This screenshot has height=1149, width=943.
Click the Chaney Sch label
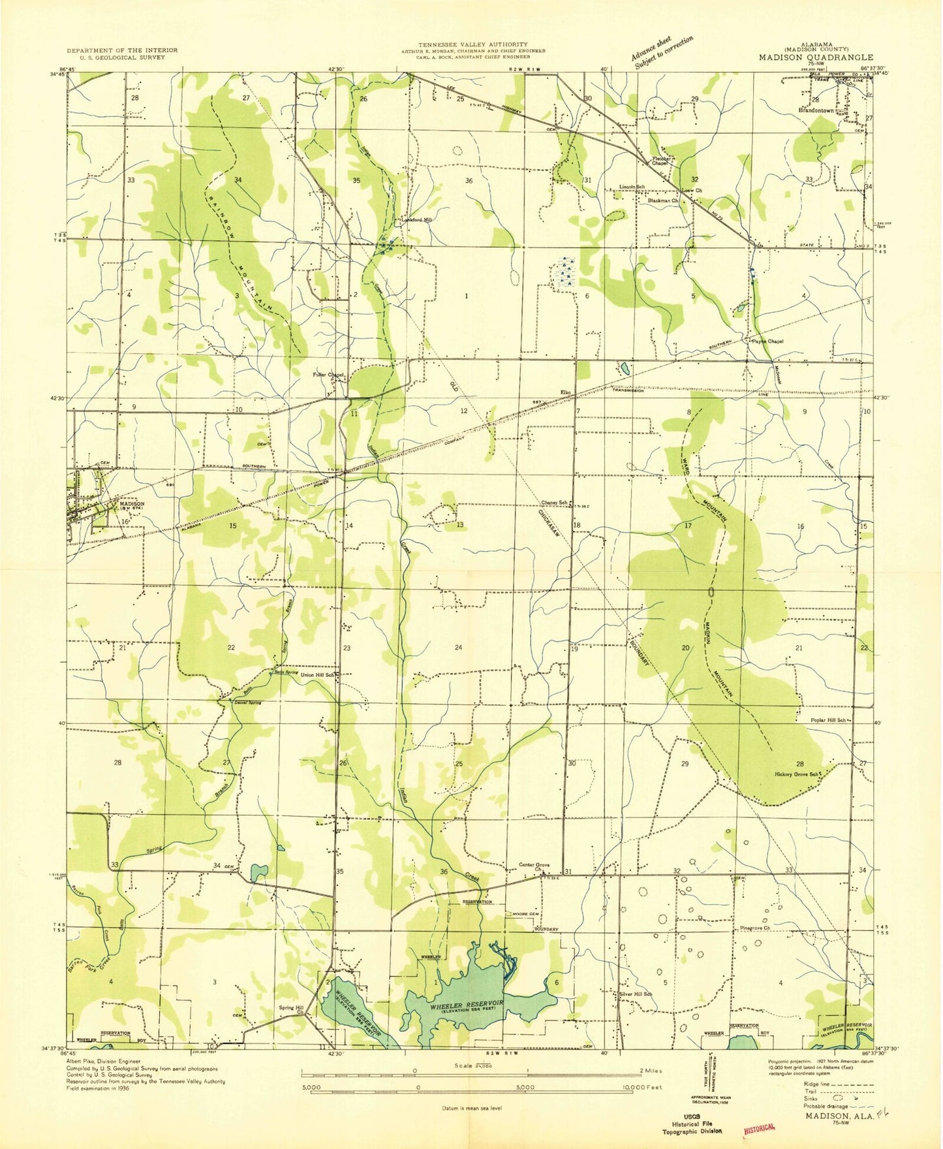(554, 503)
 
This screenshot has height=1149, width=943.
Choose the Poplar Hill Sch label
(819, 720)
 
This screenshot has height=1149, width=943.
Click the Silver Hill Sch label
(636, 994)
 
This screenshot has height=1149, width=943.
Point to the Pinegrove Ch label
(755, 928)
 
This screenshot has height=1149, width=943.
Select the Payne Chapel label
(767, 341)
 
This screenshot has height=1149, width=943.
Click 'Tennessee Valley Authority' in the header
(473, 44)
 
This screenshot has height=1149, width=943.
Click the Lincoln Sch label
(632, 187)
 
